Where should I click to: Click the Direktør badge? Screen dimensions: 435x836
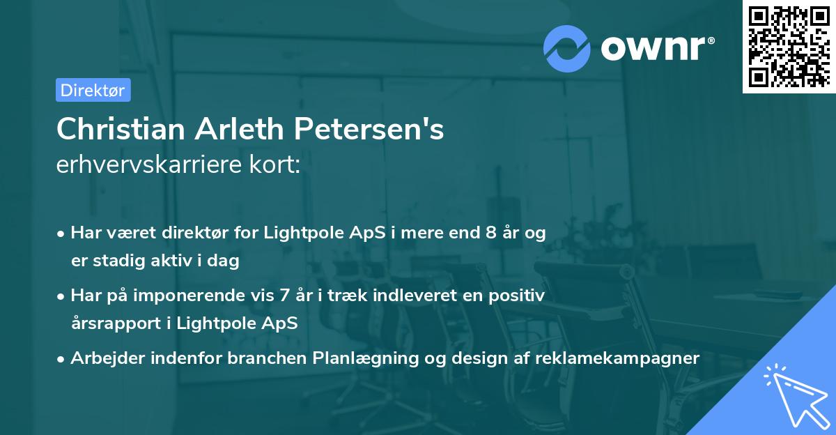[x=93, y=90]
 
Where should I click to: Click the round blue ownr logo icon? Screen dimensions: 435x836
[x=567, y=49]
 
